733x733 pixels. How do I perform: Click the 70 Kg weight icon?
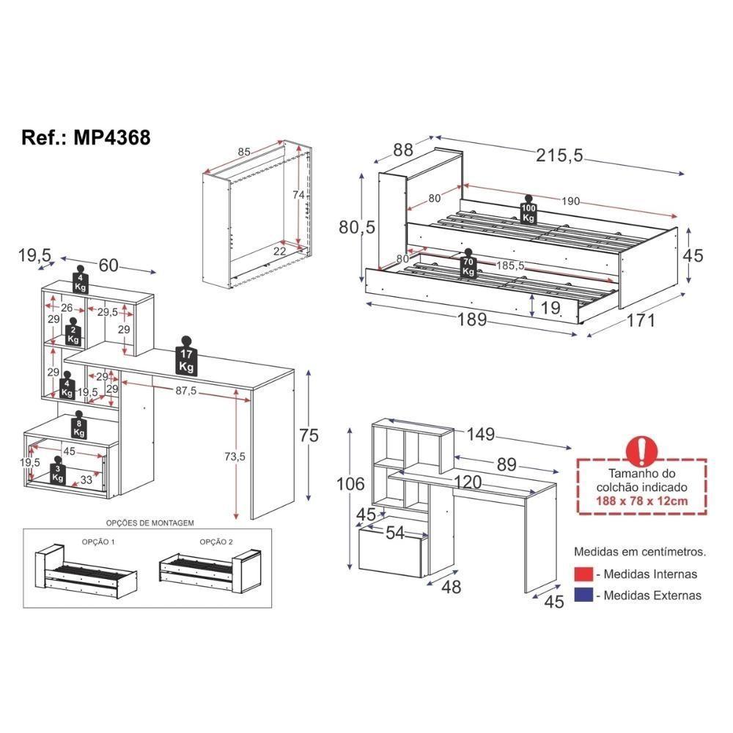[x=468, y=265]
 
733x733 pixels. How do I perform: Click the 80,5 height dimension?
[x=357, y=228]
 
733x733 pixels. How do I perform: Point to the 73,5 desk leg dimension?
[x=234, y=456]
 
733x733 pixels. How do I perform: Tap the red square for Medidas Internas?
[x=583, y=574]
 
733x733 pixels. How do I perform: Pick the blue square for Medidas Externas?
[x=583, y=595]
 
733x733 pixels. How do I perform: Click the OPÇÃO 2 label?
[x=216, y=542]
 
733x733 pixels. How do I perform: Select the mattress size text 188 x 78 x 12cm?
[x=642, y=500]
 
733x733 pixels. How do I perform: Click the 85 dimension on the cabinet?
[x=244, y=152]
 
